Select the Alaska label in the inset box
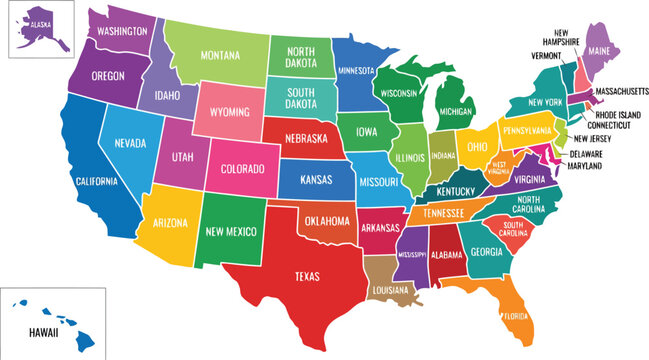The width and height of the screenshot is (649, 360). [41, 21]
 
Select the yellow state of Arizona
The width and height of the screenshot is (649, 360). [171, 225]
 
